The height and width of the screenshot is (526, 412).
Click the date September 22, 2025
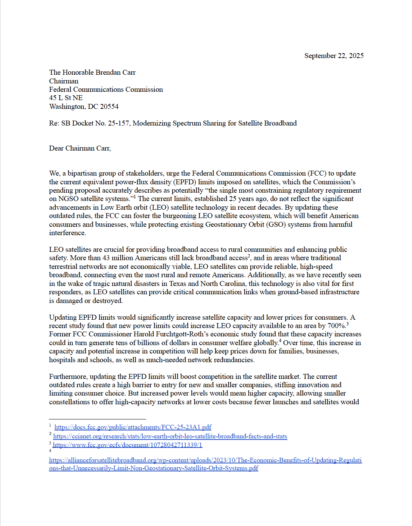(x=334, y=56)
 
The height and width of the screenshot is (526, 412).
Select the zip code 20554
(x=109, y=107)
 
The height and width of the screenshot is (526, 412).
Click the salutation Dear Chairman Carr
(x=80, y=148)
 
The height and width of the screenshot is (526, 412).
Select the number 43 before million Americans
(x=106, y=258)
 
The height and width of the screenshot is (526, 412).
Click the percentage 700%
(x=336, y=326)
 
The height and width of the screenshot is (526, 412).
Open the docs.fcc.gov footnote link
(x=133, y=427)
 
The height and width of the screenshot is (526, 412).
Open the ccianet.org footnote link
(x=170, y=437)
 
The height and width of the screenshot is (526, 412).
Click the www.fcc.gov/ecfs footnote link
(x=127, y=445)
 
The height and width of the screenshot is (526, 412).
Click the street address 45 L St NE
(x=66, y=98)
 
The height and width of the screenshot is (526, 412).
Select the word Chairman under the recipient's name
(x=64, y=81)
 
